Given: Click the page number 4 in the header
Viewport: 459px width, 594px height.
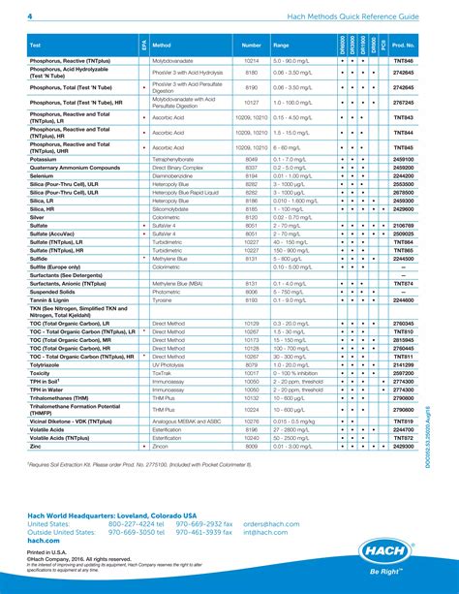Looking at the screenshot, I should click(x=29, y=17).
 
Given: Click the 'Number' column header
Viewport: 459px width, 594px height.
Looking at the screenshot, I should click(x=252, y=46).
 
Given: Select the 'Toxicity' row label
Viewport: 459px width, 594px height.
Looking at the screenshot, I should click(x=42, y=373).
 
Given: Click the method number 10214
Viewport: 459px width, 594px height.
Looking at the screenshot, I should click(x=252, y=61).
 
